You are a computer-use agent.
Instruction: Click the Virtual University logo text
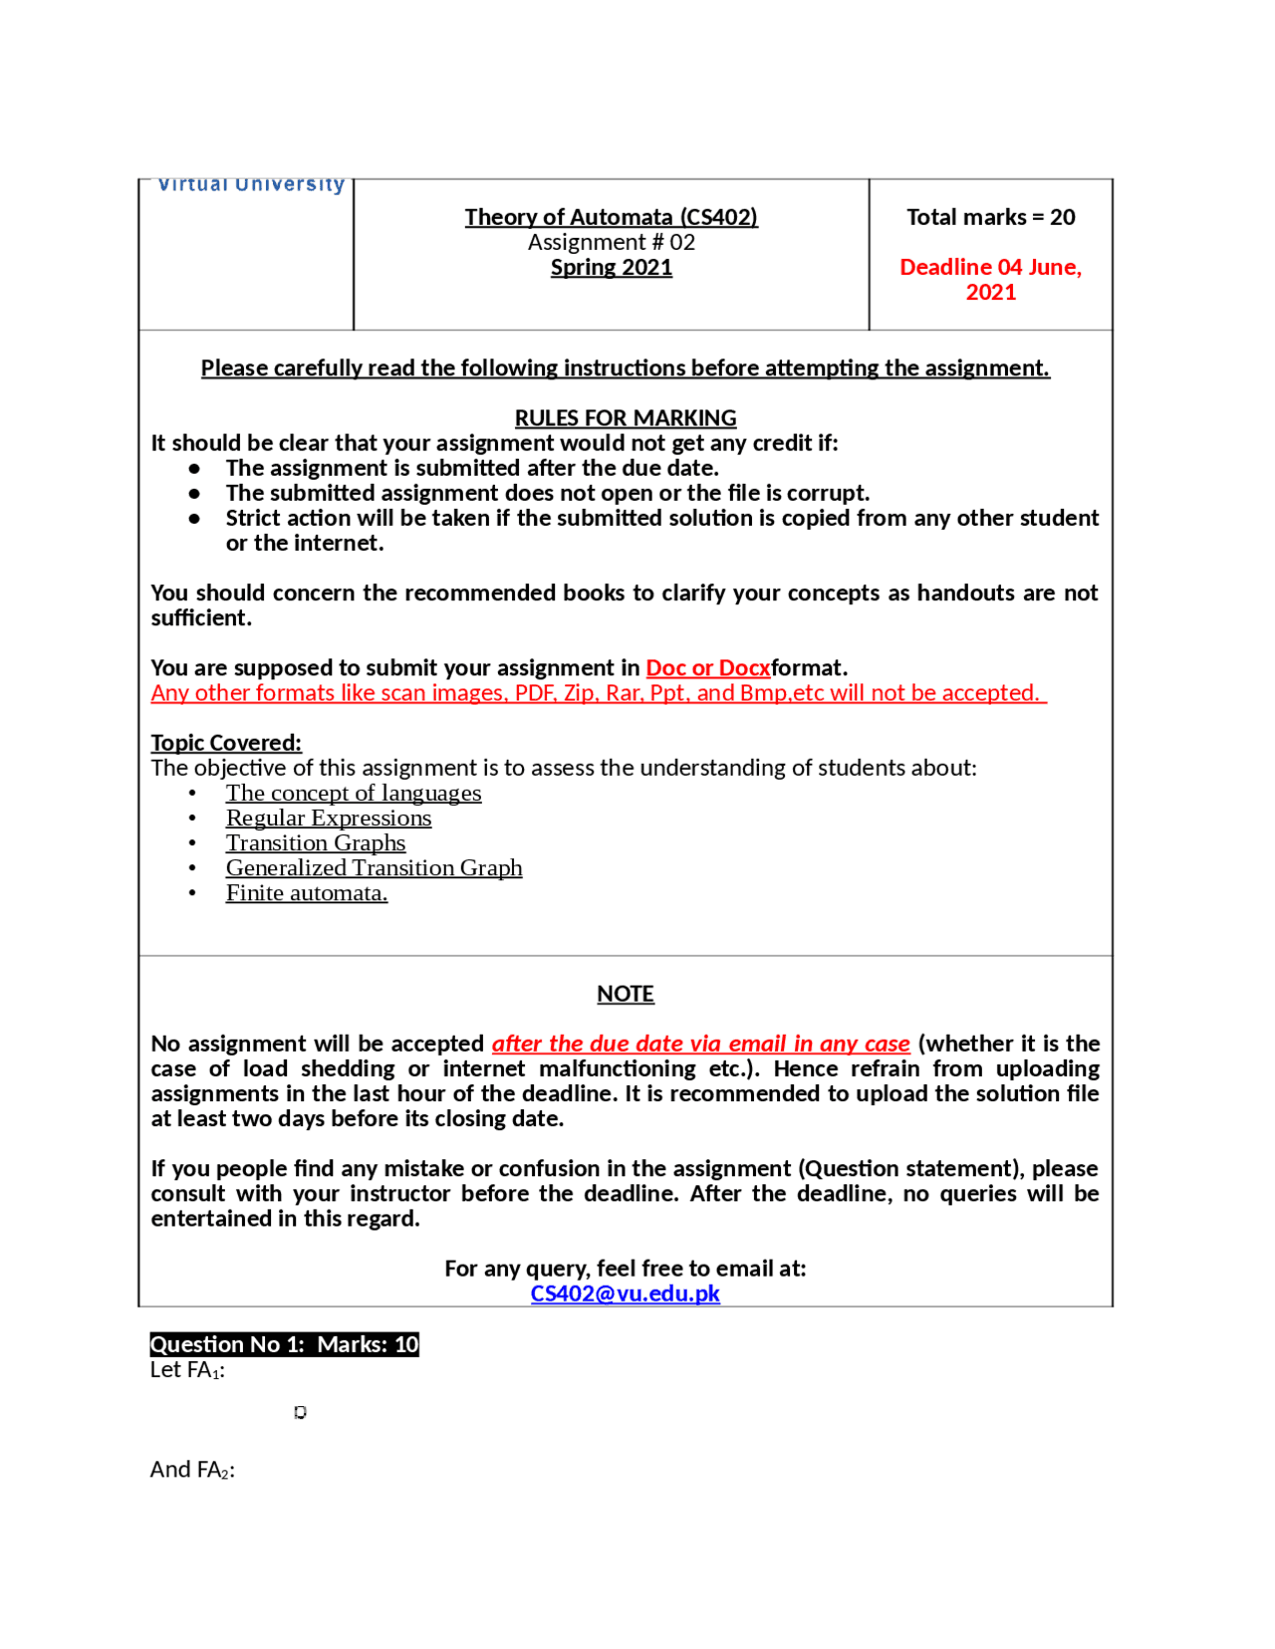click(251, 185)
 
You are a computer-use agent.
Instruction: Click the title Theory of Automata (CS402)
click(611, 217)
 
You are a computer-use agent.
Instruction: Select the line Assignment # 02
click(611, 242)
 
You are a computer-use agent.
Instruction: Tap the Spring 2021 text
click(611, 267)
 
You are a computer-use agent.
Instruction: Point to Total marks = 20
click(990, 217)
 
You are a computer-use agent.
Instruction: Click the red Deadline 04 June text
click(990, 267)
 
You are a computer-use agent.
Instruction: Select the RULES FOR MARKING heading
click(625, 417)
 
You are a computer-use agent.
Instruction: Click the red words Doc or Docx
click(707, 667)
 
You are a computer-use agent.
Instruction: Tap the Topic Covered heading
click(226, 742)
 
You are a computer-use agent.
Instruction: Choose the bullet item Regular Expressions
click(329, 818)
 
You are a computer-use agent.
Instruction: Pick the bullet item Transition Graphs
click(316, 842)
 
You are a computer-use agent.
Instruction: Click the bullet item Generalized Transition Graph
click(374, 867)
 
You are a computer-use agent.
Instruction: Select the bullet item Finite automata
click(307, 892)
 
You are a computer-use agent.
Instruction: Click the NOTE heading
click(625, 993)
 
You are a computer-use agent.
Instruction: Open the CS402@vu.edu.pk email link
click(625, 1293)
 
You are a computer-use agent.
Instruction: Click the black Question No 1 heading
click(284, 1343)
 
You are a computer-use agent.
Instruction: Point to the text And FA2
click(192, 1469)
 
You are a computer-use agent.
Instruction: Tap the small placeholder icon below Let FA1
click(300, 1412)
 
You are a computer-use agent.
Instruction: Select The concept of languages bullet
click(354, 793)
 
